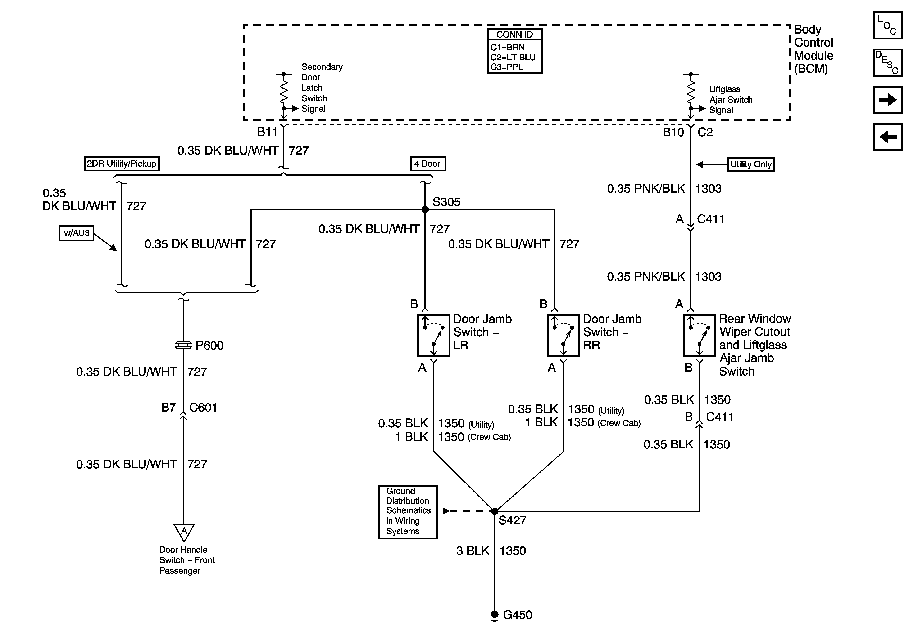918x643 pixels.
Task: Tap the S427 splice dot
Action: (x=495, y=511)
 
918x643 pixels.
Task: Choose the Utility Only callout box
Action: (x=750, y=164)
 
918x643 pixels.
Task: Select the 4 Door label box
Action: (x=427, y=164)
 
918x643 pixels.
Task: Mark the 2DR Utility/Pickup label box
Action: (x=122, y=164)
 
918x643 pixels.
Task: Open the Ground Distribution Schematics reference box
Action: (x=408, y=512)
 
